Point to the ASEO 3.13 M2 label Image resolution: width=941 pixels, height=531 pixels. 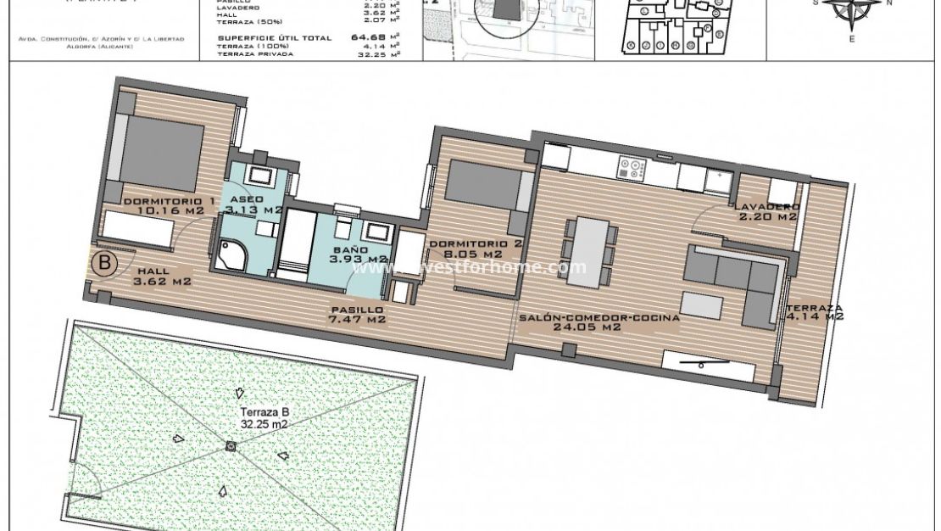pyautogui.click(x=252, y=204)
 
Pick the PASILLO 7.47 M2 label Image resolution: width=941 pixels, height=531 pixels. pyautogui.click(x=357, y=316)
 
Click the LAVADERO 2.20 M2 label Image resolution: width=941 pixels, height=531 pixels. pyautogui.click(x=766, y=211)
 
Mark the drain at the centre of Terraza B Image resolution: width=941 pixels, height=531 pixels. pyautogui.click(x=231, y=446)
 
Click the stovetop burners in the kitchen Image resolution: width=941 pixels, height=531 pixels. pyautogui.click(x=632, y=168)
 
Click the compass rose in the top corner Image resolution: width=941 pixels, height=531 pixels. pyautogui.click(x=853, y=10)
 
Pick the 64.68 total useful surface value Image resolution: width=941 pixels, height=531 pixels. pyautogui.click(x=367, y=37)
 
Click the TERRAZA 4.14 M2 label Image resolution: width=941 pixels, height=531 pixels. pyautogui.click(x=813, y=312)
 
